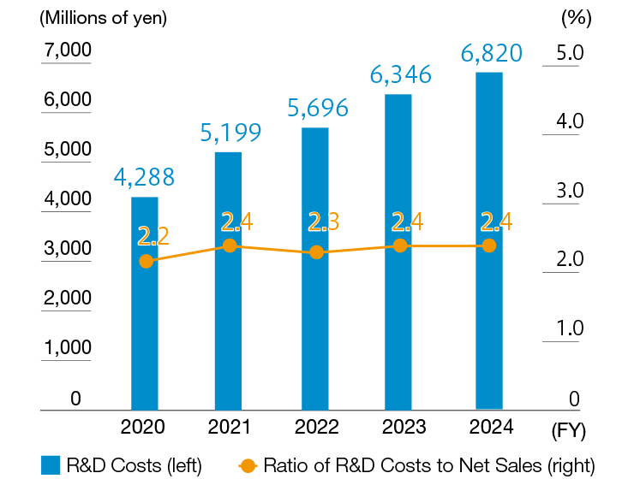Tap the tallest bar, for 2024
click(488, 325)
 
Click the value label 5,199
click(230, 132)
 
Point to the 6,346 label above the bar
click(401, 74)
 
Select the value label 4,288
click(145, 177)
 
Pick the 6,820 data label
click(490, 53)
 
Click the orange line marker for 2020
click(147, 261)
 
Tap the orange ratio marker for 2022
click(317, 252)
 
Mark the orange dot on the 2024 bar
click(489, 245)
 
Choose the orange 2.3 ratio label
click(323, 222)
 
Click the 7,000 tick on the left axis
click(67, 50)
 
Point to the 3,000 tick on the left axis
click(67, 249)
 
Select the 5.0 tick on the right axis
click(569, 53)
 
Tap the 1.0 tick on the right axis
click(569, 328)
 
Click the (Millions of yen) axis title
click(92, 16)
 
